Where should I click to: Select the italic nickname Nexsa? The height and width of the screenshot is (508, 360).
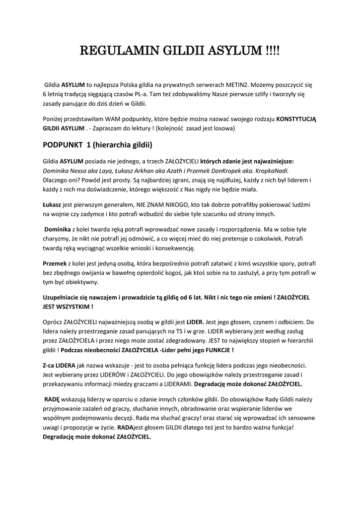click(x=81, y=170)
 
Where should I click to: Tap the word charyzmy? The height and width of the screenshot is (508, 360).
click(x=56, y=239)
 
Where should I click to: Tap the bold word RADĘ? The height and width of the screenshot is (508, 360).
click(x=52, y=399)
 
